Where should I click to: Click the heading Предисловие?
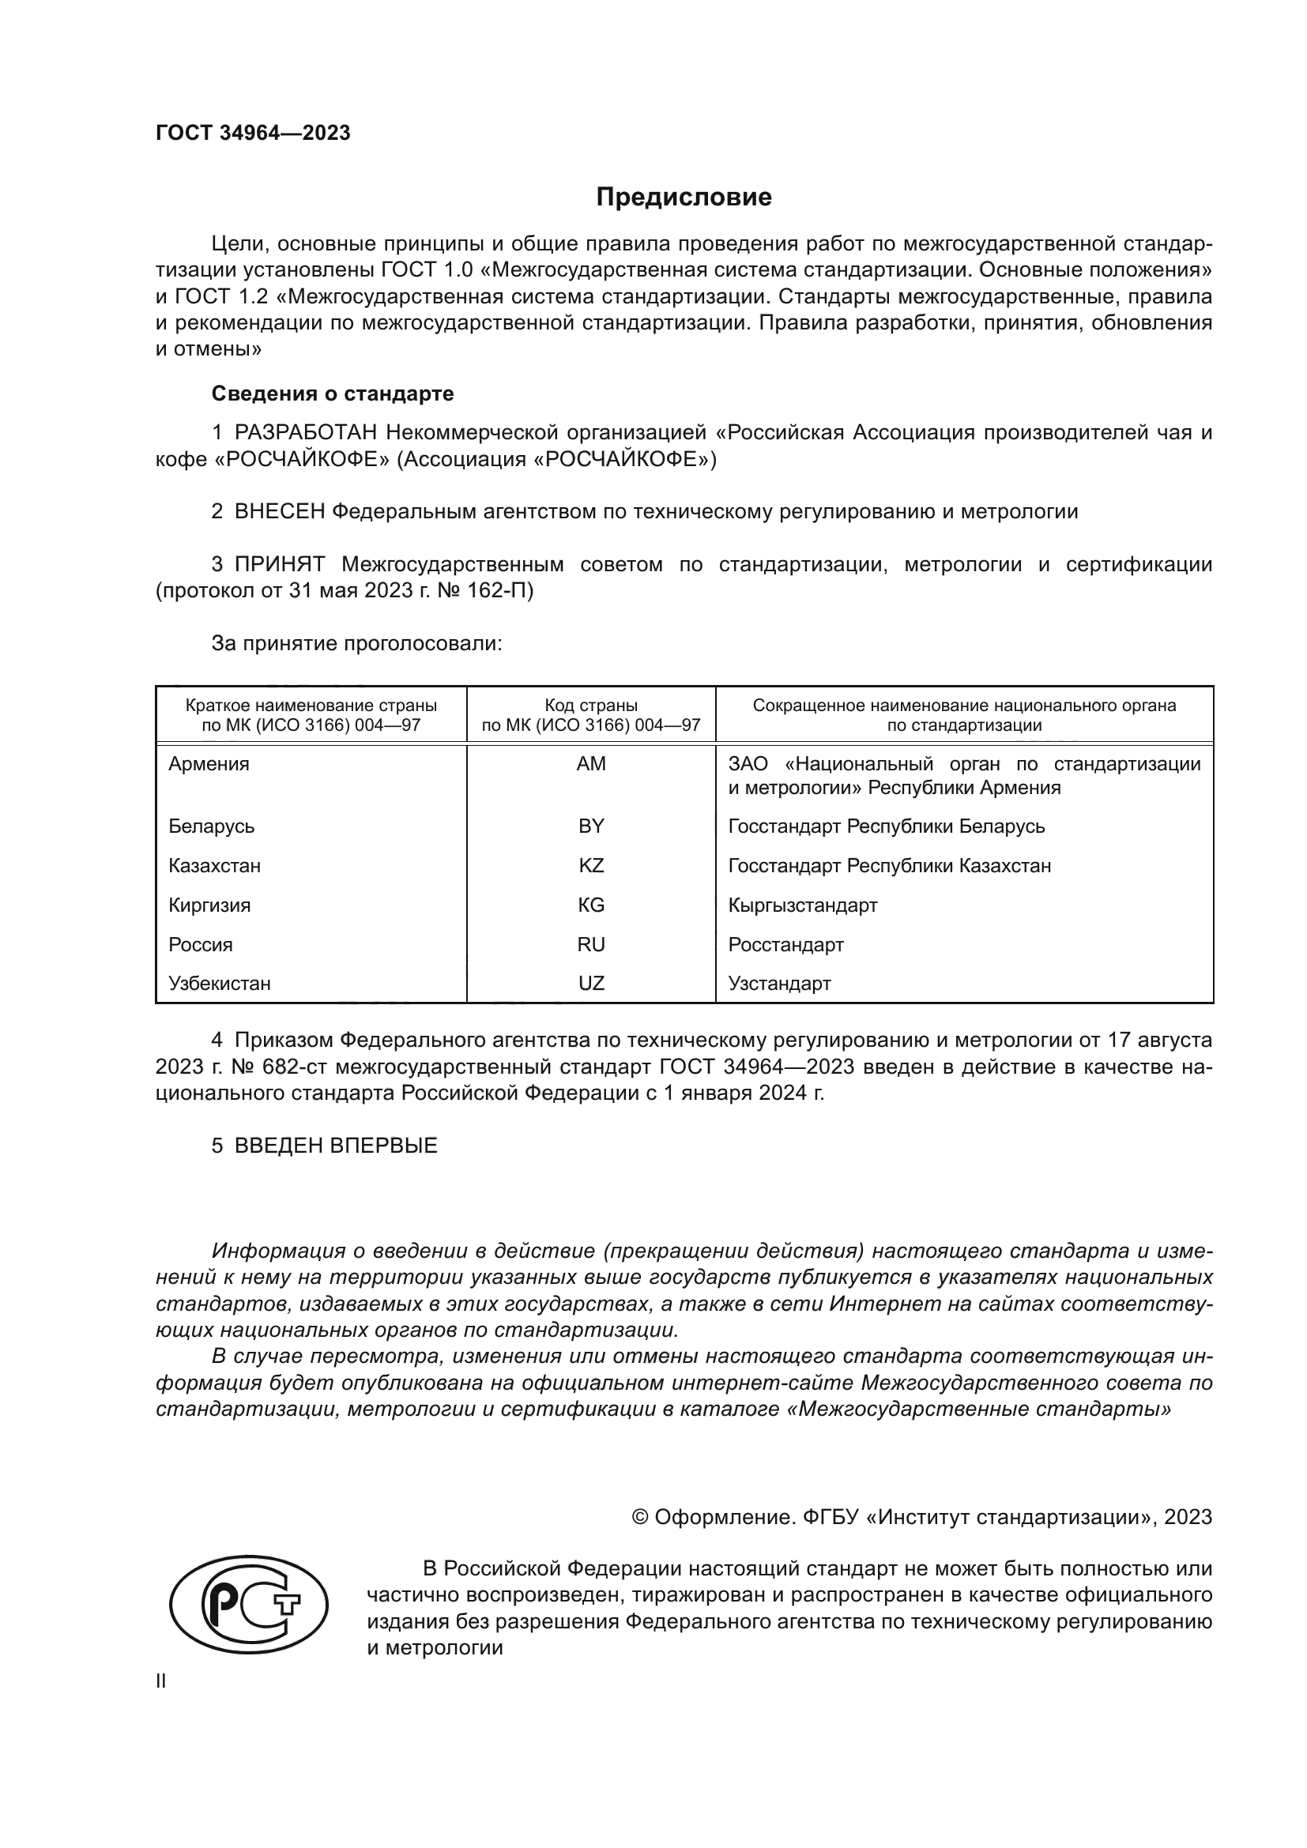pos(684,198)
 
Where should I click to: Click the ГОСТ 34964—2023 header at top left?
pos(253,133)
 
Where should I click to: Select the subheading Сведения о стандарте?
pos(333,393)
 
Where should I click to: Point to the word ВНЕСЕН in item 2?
pos(279,511)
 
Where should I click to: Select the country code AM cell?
pos(591,764)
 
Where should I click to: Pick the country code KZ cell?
pos(591,866)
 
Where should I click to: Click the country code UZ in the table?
pos(591,984)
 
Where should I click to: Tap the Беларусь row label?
pos(212,826)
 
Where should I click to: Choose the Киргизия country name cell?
pos(209,905)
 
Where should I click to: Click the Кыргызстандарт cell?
pos(802,905)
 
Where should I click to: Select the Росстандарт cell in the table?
pos(785,945)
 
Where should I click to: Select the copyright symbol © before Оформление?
pos(640,1517)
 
